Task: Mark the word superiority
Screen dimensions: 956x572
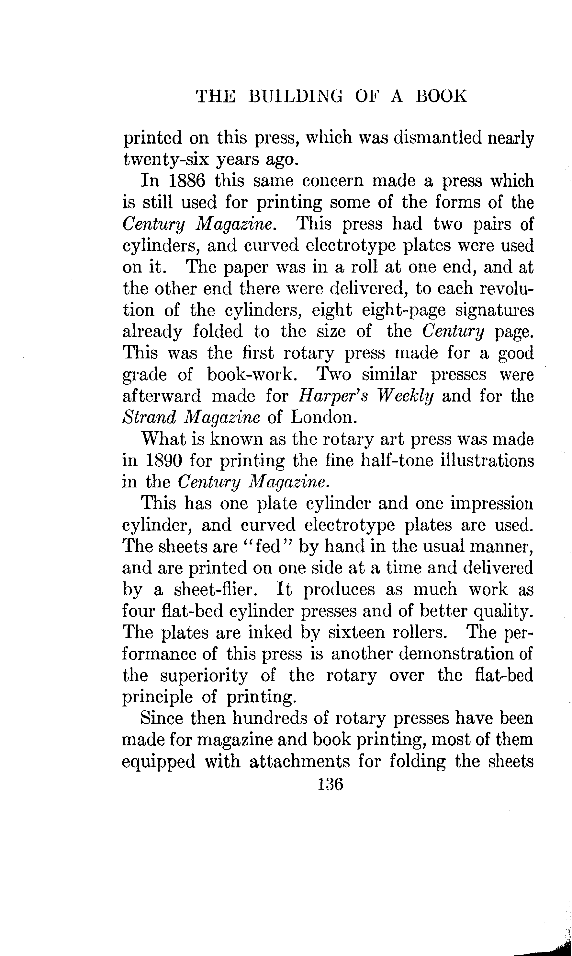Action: click(x=204, y=675)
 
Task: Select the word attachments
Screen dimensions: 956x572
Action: click(x=299, y=761)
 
